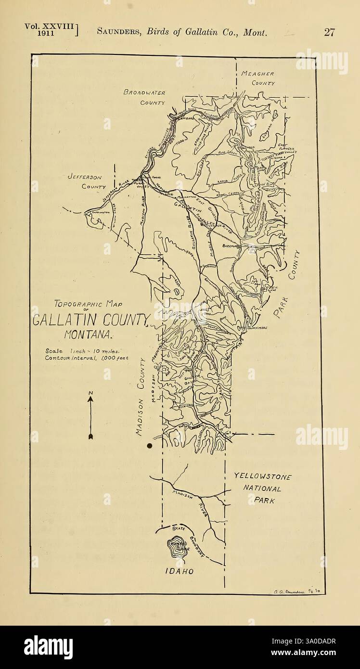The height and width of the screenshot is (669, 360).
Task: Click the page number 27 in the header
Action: [329, 32]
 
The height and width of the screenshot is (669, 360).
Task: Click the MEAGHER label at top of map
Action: [257, 74]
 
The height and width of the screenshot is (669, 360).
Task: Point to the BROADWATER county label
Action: [144, 92]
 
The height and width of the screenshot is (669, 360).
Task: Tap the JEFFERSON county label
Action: [84, 177]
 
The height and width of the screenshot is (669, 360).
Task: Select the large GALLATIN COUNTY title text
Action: [91, 320]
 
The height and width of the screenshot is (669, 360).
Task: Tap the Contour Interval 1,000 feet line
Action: [87, 358]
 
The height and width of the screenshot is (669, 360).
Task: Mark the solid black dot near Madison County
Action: [150, 446]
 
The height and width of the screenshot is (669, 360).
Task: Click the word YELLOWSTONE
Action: [262, 476]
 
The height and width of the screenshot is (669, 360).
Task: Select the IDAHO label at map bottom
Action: [179, 571]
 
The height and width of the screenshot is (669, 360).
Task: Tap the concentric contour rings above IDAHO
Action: [177, 547]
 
